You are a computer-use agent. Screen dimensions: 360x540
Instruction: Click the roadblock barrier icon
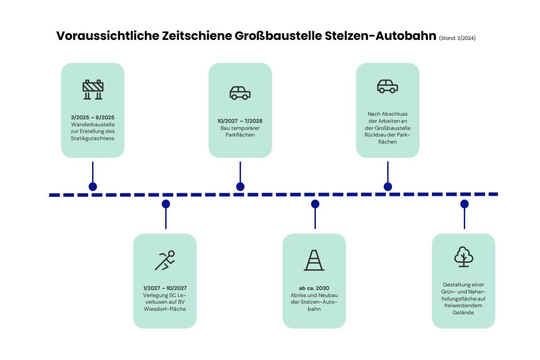93,89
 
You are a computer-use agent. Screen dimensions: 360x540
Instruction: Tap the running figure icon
165,260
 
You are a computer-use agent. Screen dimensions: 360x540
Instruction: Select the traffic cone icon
314,260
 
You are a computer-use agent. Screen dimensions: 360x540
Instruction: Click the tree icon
463,257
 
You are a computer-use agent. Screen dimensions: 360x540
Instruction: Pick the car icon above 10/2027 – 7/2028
240,93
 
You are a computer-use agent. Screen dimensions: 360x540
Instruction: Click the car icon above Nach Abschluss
387,86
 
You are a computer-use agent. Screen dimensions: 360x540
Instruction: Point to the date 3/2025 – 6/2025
93,118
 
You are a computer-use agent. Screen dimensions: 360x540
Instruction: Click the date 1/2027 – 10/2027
165,288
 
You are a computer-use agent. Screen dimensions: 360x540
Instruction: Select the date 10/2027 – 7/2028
240,121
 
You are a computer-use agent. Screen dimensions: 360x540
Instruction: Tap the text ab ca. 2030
314,288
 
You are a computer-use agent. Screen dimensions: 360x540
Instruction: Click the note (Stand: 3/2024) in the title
457,38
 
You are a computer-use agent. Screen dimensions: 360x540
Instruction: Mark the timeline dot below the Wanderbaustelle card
93,186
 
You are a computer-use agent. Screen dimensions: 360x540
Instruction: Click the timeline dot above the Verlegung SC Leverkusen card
166,204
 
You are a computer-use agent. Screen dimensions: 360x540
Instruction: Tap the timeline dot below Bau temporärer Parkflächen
240,186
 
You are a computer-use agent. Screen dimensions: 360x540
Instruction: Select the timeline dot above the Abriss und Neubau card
315,204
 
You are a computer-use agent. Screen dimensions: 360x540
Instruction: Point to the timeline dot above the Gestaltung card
464,204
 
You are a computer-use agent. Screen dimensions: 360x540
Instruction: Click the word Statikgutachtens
93,139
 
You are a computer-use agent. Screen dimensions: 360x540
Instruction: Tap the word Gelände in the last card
463,313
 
